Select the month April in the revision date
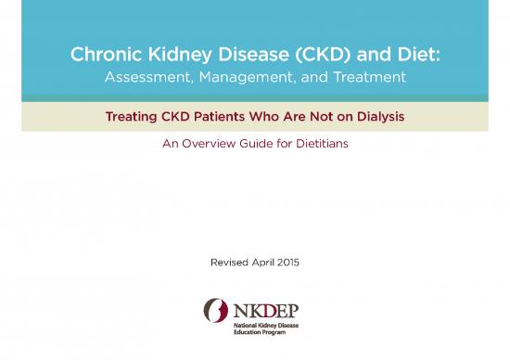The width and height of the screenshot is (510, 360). pos(266,262)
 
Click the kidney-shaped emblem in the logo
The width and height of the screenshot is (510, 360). pos(216,314)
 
